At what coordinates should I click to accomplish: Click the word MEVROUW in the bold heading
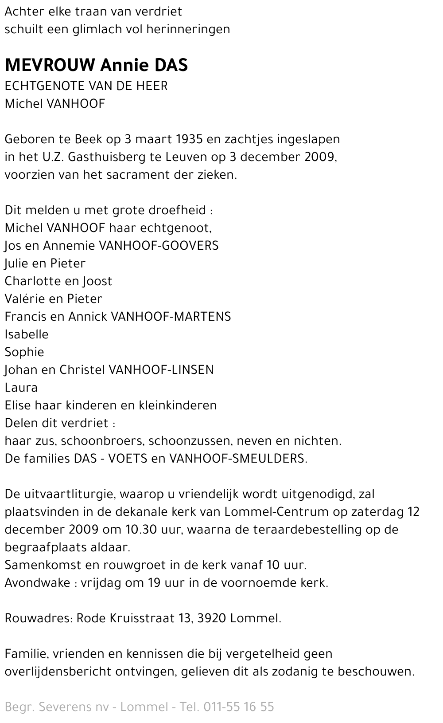click(50, 65)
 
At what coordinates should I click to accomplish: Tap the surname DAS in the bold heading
click(171, 65)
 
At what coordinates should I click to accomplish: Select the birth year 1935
click(189, 139)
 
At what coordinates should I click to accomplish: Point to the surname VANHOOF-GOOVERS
click(159, 246)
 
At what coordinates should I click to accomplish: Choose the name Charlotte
click(31, 281)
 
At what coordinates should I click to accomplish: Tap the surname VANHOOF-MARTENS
click(171, 317)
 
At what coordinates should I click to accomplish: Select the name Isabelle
click(27, 334)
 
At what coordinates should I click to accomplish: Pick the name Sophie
click(24, 352)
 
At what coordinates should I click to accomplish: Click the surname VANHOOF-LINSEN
click(161, 370)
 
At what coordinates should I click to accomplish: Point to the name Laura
click(21, 388)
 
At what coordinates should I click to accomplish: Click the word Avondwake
click(37, 583)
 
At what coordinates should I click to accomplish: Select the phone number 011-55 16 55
click(238, 707)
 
